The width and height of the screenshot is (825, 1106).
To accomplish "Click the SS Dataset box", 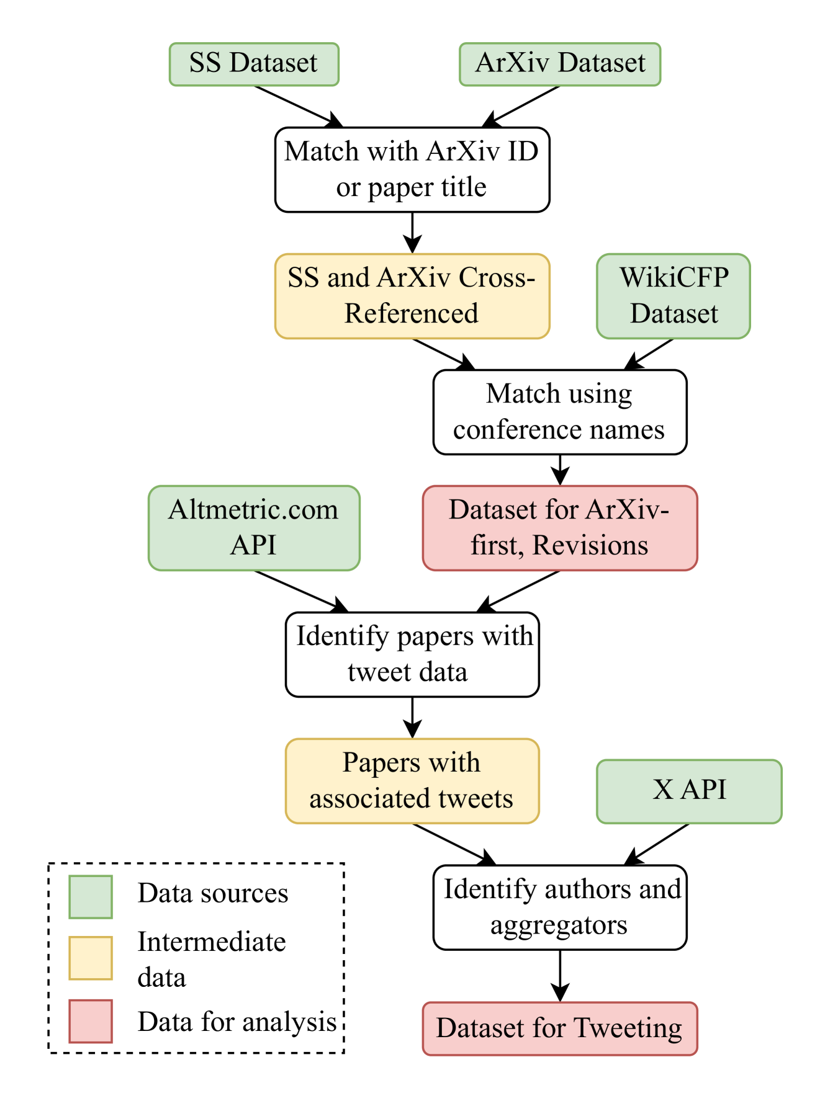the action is point(254,64).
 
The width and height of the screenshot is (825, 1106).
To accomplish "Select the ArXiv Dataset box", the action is point(560,64).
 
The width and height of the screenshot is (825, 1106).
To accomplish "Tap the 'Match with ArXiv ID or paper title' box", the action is point(412,169).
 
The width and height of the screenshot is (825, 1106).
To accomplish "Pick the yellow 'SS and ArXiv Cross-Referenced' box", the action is point(412,296).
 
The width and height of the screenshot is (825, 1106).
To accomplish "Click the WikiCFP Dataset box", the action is point(674,296).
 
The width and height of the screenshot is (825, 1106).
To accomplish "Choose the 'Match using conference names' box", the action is point(560,412).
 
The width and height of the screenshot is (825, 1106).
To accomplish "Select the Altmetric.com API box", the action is point(254,528).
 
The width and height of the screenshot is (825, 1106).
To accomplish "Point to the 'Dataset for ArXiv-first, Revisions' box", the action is point(560,528).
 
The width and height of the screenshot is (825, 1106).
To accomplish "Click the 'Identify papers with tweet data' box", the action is point(412,654).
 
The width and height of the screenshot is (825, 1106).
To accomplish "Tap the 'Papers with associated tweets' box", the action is point(412,781).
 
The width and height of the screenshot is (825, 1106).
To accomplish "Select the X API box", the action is point(689,792).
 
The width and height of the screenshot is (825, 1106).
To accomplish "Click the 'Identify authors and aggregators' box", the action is point(560,908).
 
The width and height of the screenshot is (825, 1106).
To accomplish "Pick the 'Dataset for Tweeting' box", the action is point(560,1028).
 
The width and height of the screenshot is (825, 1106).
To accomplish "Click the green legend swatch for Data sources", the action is point(91,896).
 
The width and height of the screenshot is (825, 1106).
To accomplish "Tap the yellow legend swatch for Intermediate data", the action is point(91,958).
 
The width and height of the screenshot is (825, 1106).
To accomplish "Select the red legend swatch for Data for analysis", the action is point(91,1021).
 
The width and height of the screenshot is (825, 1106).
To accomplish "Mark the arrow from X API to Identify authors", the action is point(656,844).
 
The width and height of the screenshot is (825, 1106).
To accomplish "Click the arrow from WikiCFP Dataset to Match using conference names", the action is point(649,354).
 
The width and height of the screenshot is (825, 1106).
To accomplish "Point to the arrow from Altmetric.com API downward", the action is point(302,591).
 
